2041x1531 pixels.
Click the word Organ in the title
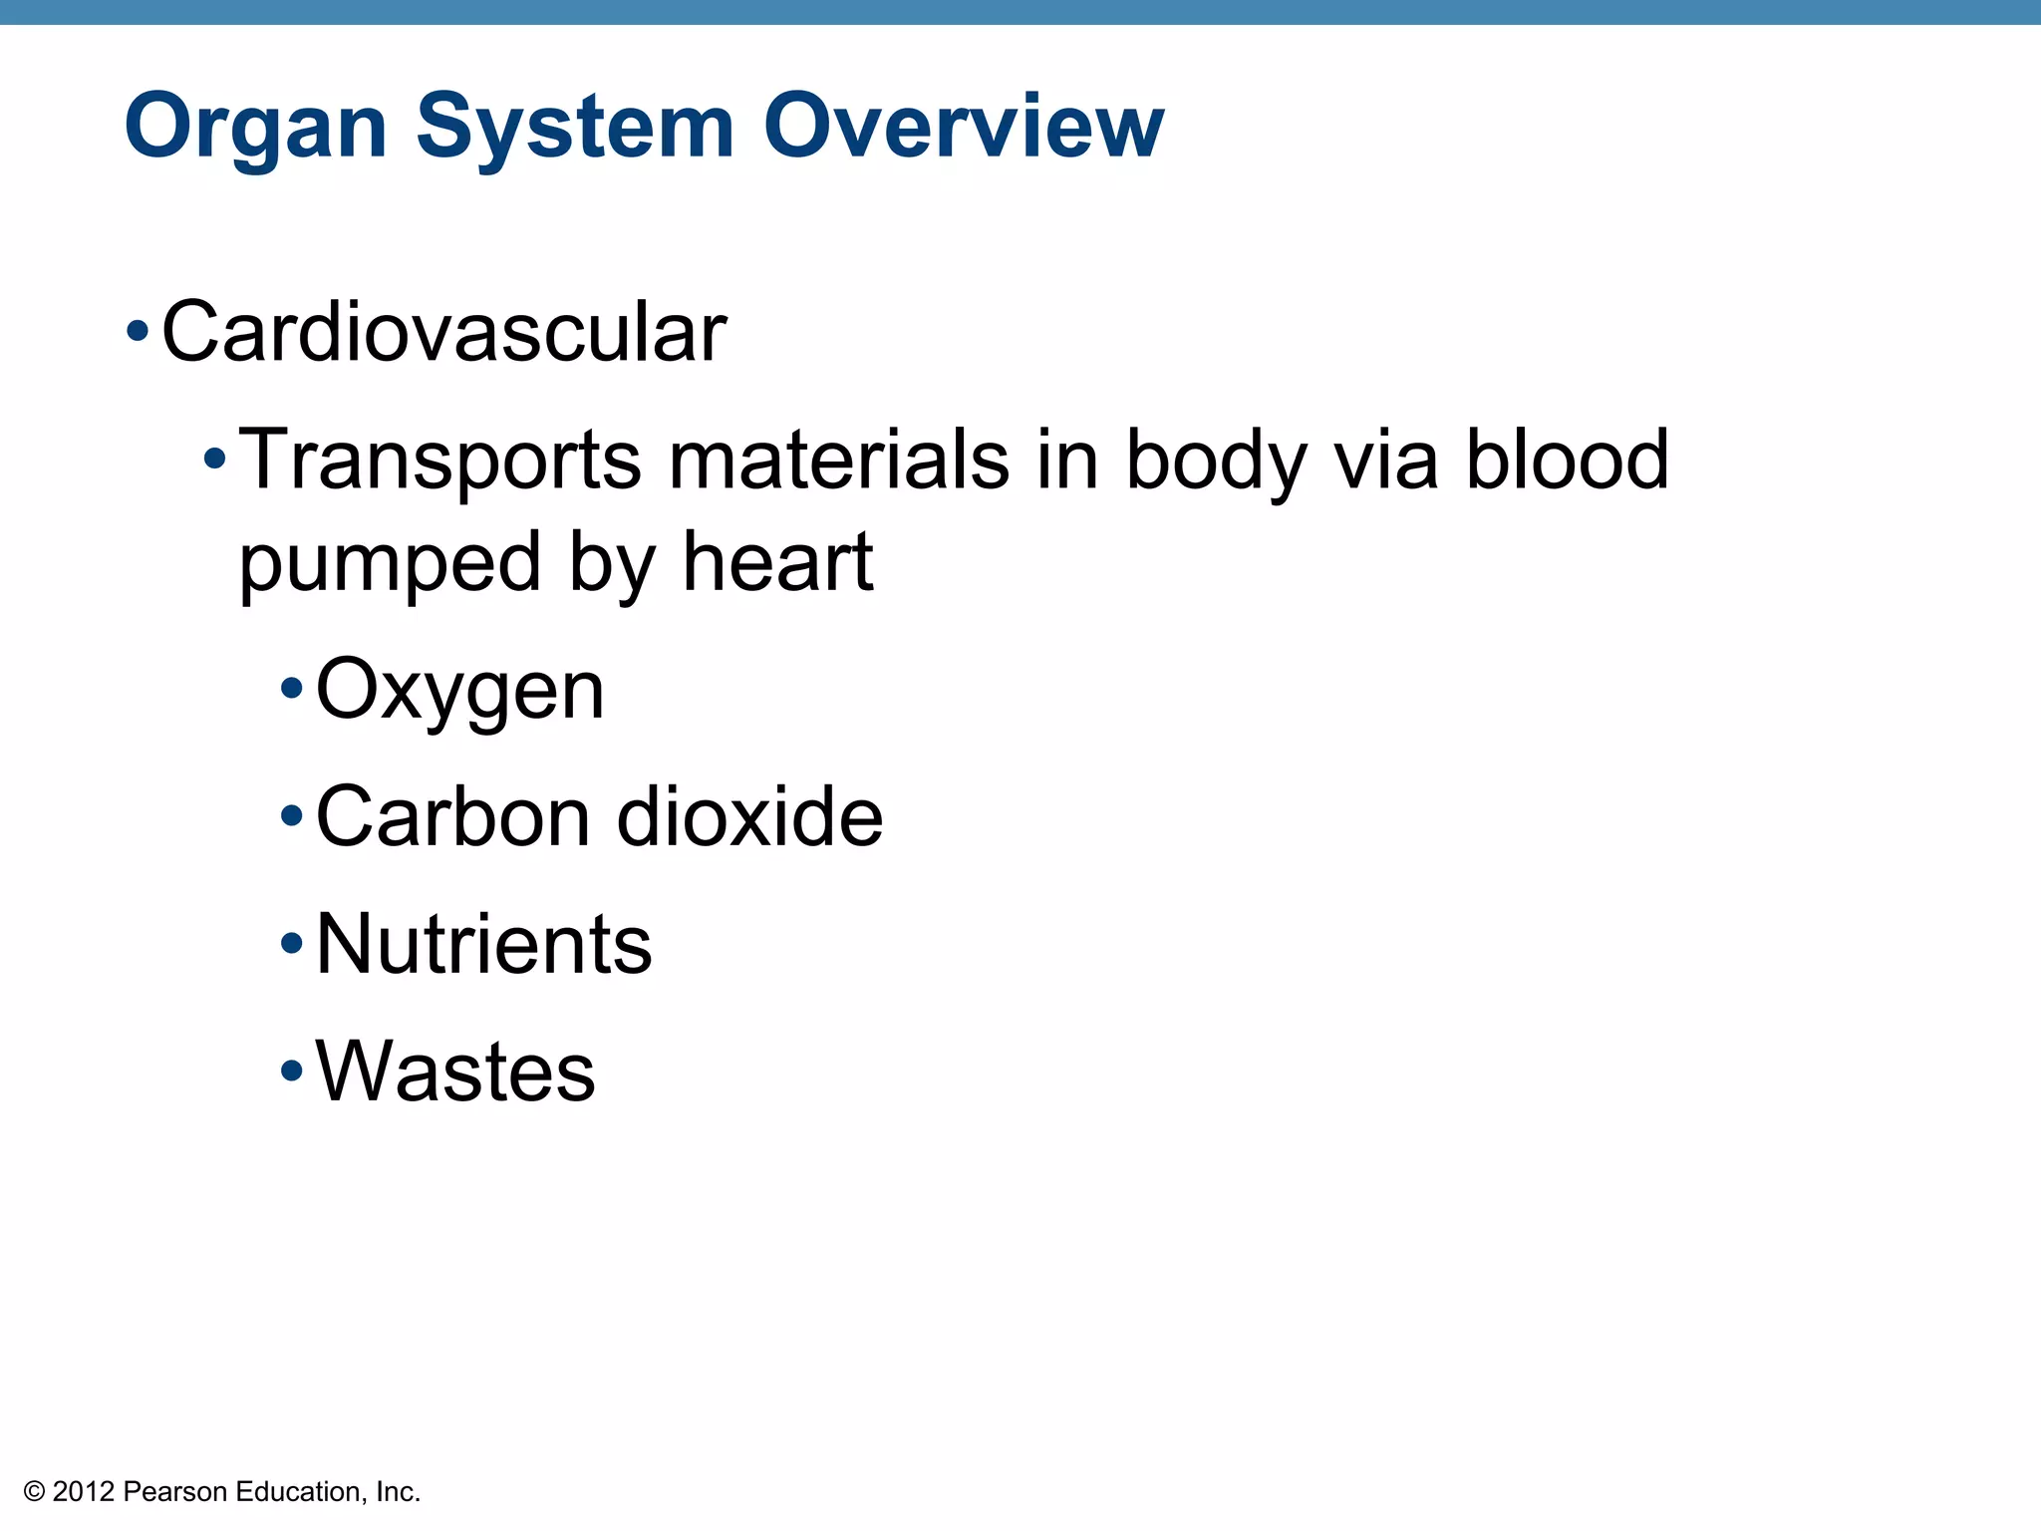[x=255, y=128]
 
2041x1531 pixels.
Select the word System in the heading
[x=575, y=128]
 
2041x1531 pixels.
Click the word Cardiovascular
[x=443, y=332]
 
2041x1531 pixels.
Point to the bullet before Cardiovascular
[x=138, y=330]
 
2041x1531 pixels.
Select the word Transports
[x=439, y=460]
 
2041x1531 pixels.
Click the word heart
[x=777, y=562]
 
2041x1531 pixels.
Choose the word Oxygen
[x=459, y=692]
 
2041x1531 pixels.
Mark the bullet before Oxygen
[x=291, y=688]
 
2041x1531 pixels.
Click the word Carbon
[x=454, y=816]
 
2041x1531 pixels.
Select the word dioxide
[x=749, y=816]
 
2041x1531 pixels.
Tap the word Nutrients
[x=483, y=944]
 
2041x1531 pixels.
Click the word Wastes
[x=455, y=1072]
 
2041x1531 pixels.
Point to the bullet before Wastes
[x=291, y=1072]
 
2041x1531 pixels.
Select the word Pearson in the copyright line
[x=174, y=1492]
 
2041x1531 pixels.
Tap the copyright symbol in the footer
[x=34, y=1492]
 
